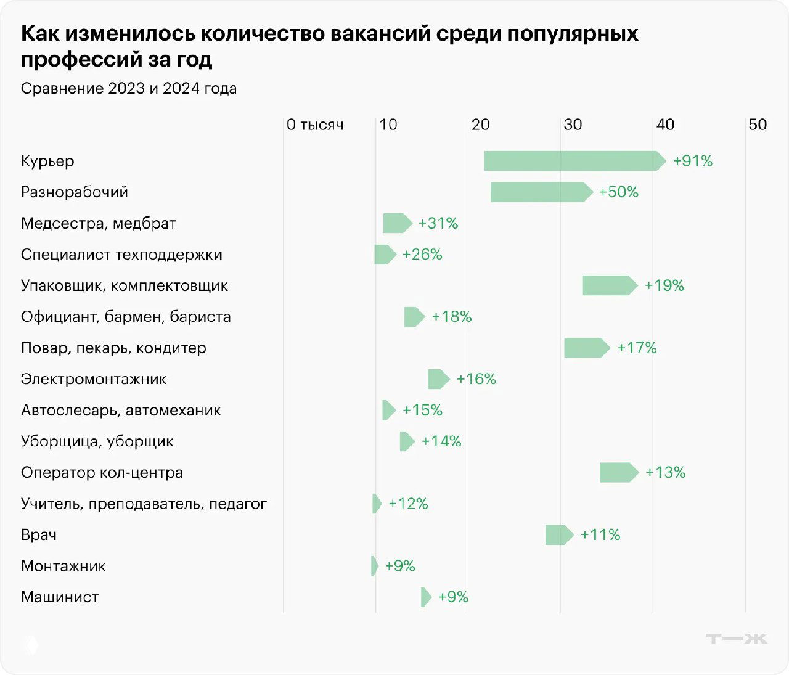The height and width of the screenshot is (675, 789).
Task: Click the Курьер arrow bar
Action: (573, 161)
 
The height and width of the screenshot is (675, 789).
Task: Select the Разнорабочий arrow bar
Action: (540, 192)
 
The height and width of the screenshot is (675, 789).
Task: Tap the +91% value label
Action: (692, 161)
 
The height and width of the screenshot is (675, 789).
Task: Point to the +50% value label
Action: (618, 192)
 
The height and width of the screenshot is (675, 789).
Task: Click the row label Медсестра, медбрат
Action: (99, 223)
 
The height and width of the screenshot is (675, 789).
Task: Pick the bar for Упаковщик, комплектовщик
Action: (608, 285)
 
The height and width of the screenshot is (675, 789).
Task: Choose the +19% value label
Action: (664, 285)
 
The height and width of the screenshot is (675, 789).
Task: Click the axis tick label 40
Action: (664, 125)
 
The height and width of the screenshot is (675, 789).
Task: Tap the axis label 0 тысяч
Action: (315, 125)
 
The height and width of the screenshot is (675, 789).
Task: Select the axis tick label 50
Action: (757, 125)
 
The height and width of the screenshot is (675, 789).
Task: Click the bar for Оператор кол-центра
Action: (618, 473)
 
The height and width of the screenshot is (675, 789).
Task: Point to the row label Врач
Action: (39, 535)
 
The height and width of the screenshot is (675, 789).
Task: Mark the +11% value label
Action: (600, 535)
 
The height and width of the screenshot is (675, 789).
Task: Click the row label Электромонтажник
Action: (94, 379)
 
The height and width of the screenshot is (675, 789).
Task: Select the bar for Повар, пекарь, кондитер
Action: (586, 348)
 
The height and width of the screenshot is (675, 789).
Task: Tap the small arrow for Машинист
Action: (426, 597)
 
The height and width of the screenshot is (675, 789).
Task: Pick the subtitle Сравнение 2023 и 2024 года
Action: (129, 89)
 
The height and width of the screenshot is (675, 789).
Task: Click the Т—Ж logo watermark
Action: (736, 639)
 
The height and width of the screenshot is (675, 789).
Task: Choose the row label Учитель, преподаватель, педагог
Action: (144, 504)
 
